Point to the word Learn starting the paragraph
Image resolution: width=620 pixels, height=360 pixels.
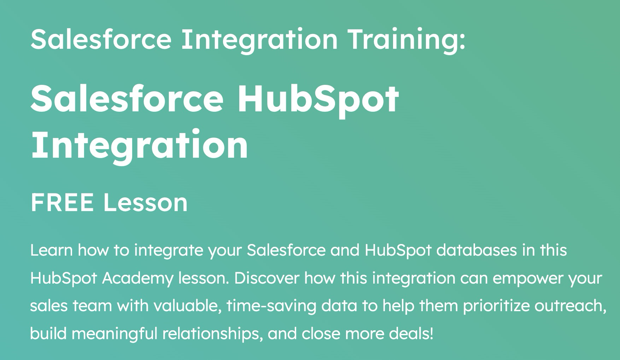point(51,250)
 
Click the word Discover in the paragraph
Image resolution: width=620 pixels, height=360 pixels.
point(267,278)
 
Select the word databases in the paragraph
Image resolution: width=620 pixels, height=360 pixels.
point(476,250)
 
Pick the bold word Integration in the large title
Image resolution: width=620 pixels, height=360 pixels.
point(140,145)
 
